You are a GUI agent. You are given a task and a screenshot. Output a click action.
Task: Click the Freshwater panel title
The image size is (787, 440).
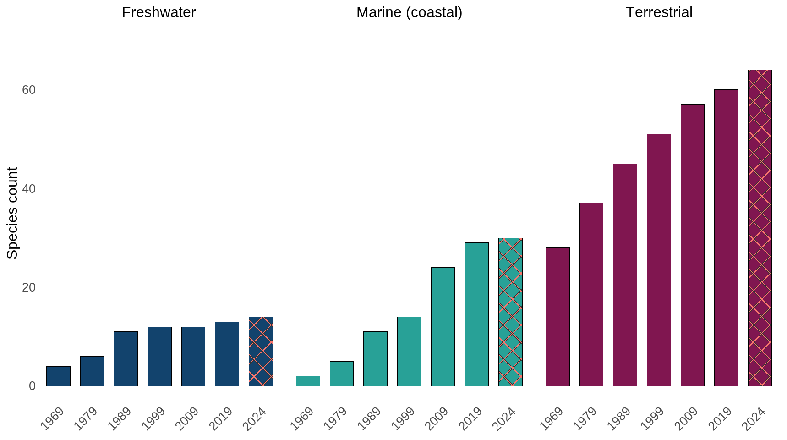coord(158,12)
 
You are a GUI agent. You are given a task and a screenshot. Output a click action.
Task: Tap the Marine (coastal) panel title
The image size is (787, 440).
coord(409,12)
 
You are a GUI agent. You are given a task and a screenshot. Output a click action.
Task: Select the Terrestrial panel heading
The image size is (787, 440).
coord(659,12)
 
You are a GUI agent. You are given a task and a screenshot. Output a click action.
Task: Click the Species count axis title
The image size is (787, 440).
coord(12,213)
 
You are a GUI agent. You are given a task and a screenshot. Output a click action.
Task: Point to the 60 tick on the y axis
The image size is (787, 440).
coord(28,90)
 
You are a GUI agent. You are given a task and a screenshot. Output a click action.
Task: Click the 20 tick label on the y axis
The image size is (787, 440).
coord(28,287)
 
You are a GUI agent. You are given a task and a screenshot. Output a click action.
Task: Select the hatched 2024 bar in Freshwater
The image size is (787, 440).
coord(261,352)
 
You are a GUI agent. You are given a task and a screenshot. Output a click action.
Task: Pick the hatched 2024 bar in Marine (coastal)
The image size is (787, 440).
coord(510,312)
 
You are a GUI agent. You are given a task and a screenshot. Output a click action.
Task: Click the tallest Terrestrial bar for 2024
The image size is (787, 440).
coord(760,228)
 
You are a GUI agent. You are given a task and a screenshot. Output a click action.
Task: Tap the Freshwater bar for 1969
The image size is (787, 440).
coord(58,376)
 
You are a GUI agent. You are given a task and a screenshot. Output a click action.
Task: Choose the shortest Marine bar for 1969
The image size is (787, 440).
coord(308,381)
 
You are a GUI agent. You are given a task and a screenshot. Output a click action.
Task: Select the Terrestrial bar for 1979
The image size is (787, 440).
coord(591,294)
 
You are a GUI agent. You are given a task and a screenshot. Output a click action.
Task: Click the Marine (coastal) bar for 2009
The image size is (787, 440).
coord(443,326)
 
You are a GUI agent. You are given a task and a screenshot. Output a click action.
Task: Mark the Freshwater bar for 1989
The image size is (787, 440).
coord(126,358)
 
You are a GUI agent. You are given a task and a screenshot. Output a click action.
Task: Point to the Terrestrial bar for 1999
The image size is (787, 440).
coord(659,260)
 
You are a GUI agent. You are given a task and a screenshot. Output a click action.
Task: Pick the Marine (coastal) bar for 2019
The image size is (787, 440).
coord(476,314)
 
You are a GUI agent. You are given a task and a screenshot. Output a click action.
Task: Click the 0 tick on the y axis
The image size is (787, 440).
coord(32,386)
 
